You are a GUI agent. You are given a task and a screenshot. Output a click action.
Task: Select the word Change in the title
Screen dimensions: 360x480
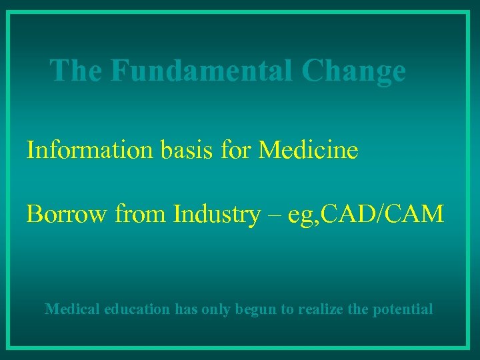[x=353, y=71]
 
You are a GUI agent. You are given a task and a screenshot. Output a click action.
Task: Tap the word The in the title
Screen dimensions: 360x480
[x=77, y=70]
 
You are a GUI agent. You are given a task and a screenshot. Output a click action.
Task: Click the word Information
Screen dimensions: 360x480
[x=89, y=150]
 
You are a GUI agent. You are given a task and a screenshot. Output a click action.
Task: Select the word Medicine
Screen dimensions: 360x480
[x=308, y=150]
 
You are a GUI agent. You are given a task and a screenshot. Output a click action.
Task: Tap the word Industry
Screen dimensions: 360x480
[x=215, y=214]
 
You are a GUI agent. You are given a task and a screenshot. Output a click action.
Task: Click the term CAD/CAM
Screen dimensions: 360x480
[x=385, y=214]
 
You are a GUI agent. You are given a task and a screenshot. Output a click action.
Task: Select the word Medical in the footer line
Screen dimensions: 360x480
[x=72, y=309]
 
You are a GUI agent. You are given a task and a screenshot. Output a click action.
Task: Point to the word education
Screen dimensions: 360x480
[x=137, y=309]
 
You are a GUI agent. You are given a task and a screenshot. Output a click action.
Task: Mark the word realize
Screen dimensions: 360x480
[x=323, y=309]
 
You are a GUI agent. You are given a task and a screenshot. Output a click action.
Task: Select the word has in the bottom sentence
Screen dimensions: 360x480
[x=186, y=309]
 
